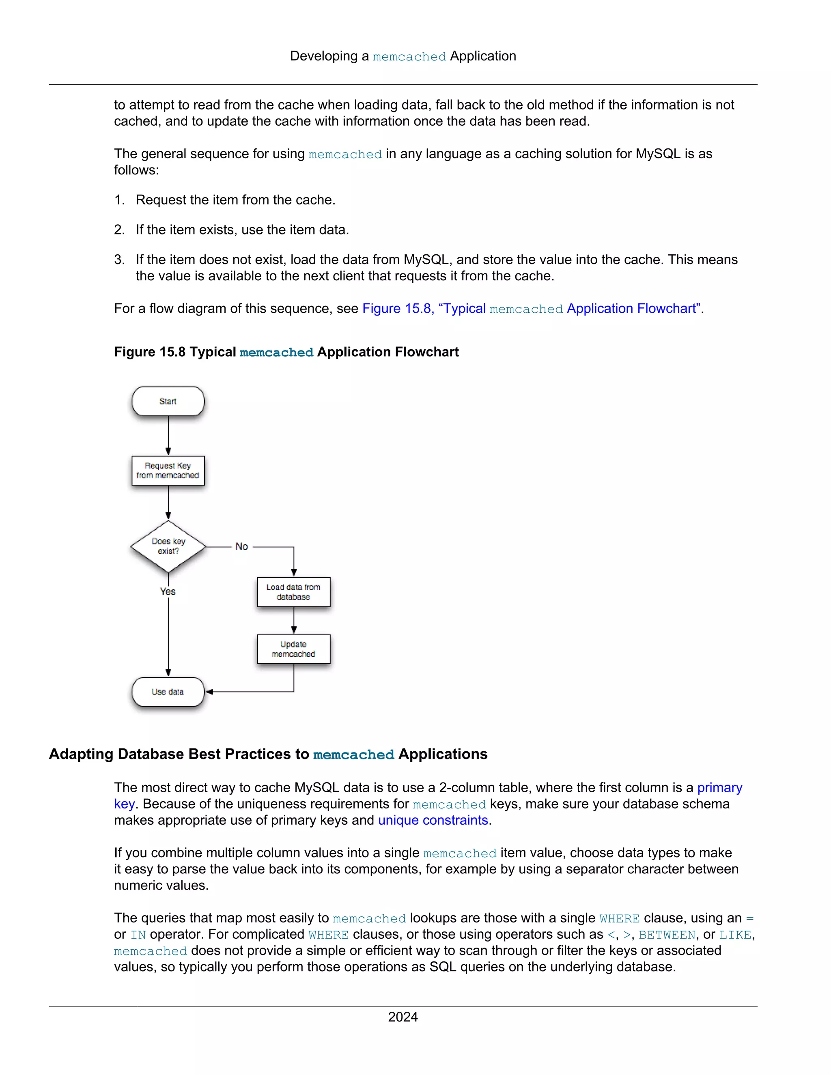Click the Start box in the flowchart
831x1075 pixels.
(168, 401)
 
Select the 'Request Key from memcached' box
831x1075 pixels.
(168, 471)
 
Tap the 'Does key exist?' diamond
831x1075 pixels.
(168, 546)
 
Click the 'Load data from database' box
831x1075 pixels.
(293, 592)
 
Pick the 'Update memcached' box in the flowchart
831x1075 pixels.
(293, 649)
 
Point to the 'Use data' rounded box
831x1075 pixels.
(168, 692)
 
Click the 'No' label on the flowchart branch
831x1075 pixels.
(242, 546)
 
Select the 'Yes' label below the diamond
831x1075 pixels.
(168, 591)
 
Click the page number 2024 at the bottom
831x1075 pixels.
(403, 1017)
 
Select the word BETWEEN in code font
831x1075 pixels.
(667, 935)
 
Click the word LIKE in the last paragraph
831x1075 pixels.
(735, 935)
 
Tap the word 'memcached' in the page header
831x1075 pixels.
(409, 57)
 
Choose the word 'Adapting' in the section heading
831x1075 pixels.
(81, 754)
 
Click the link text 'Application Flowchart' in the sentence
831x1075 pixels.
(632, 309)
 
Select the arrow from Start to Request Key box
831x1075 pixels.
(168, 436)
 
